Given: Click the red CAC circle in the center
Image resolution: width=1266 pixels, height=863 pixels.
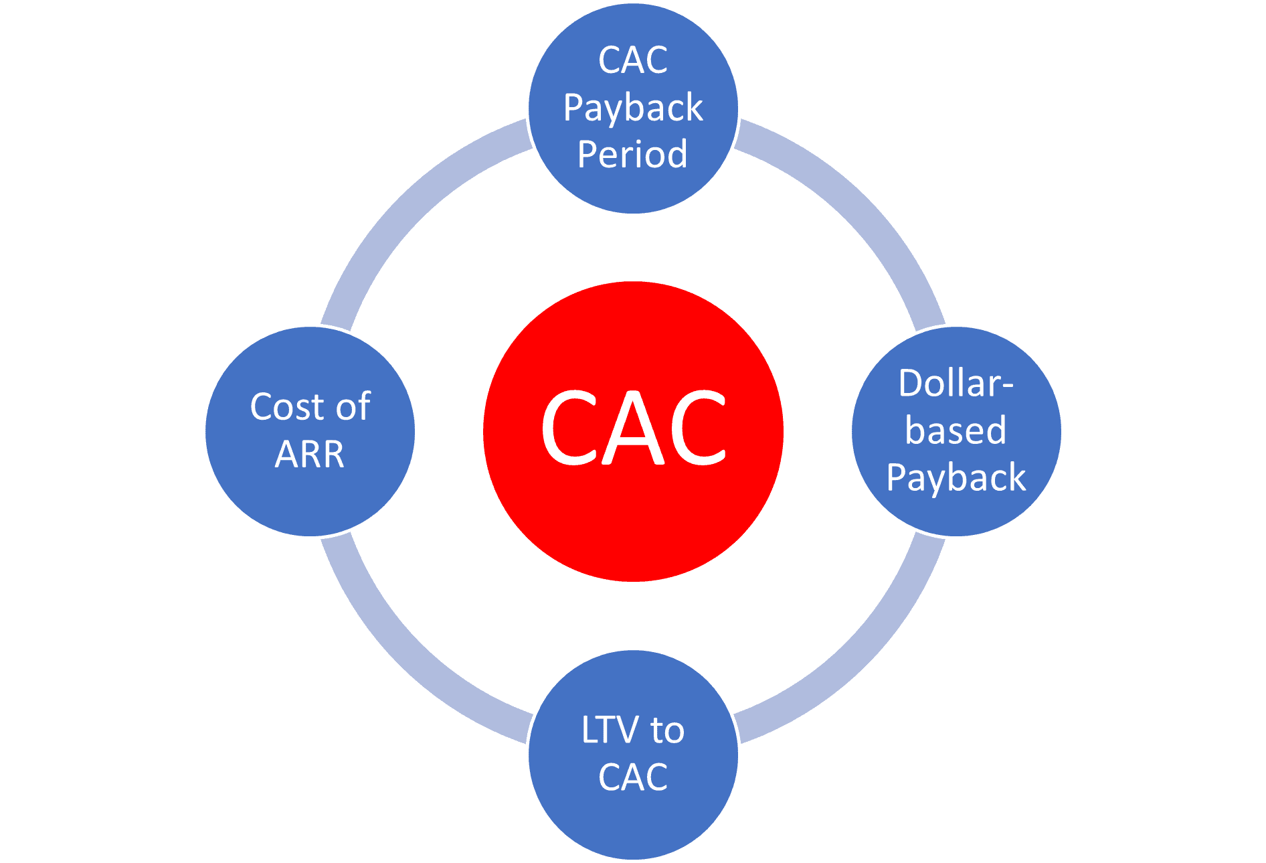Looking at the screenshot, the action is pos(633,431).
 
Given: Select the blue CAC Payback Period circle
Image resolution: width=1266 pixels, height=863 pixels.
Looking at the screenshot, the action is pos(633,108).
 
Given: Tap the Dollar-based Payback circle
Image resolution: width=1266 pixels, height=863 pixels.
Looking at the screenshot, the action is pos(956,431).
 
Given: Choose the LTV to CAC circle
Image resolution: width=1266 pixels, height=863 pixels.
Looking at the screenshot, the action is pos(633,755).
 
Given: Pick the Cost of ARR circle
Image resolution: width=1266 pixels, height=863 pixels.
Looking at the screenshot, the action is pos(310,431).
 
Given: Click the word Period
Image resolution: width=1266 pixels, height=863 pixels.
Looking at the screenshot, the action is pos(632,154).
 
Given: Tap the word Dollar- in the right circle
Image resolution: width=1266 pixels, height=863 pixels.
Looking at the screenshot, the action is pos(956,384).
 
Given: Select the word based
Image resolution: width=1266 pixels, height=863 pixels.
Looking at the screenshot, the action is pos(956,430).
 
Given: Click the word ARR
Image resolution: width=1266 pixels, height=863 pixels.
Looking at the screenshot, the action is pos(310,455).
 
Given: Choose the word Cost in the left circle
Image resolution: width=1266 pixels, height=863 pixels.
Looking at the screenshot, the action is pos(288,407).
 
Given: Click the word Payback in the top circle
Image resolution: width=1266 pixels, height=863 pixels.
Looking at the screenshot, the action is pos(633,108).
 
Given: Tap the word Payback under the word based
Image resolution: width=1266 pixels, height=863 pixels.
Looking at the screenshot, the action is pos(956,478).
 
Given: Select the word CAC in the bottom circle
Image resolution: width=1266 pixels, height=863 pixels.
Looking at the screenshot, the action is pos(633,777).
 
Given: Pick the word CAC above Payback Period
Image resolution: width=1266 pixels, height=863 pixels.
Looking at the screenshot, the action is pos(633,60).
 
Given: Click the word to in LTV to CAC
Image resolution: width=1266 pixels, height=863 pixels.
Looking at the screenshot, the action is pos(667,730).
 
